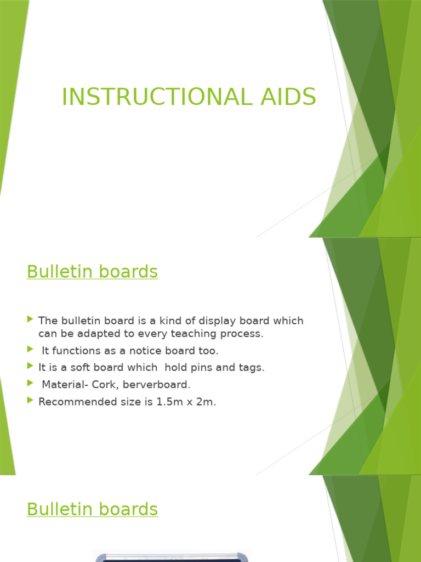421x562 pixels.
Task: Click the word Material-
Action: pyautogui.click(x=61, y=385)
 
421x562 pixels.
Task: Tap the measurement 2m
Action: pyautogui.click(x=206, y=402)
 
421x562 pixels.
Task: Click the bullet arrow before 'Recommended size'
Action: pyautogui.click(x=30, y=401)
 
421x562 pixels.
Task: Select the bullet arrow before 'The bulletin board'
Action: pyautogui.click(x=30, y=319)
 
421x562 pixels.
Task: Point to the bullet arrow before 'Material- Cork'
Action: pyautogui.click(x=30, y=384)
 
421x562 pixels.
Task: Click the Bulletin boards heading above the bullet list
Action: pyautogui.click(x=92, y=272)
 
